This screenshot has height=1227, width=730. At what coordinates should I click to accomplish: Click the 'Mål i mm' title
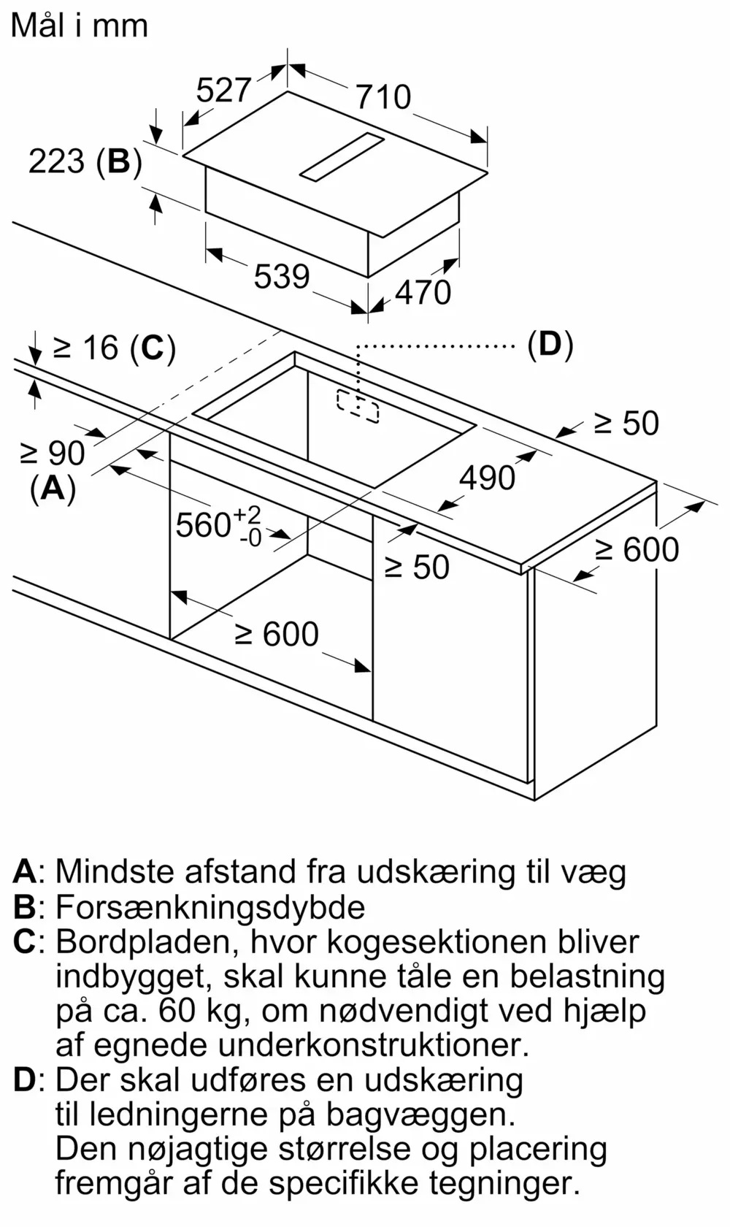(x=79, y=26)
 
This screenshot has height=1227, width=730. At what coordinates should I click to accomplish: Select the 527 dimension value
(x=223, y=91)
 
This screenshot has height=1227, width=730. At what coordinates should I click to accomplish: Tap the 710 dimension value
(x=384, y=97)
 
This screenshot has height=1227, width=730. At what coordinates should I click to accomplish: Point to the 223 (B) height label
(x=85, y=161)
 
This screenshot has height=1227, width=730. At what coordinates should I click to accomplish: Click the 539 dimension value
(x=282, y=276)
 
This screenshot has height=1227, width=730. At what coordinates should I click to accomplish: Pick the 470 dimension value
(x=423, y=292)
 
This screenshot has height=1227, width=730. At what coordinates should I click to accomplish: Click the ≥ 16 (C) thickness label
(x=115, y=348)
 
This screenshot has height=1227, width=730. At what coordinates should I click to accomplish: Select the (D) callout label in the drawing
(x=550, y=344)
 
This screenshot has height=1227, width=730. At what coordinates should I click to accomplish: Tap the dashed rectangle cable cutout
(x=358, y=405)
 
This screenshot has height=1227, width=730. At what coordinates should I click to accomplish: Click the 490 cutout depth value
(x=487, y=478)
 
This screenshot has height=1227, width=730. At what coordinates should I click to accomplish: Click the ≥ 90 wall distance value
(x=53, y=454)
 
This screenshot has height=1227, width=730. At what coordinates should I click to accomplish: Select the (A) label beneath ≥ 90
(x=53, y=487)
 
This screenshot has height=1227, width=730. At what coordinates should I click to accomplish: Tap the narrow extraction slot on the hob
(x=341, y=156)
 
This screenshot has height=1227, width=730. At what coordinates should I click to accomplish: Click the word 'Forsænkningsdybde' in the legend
(x=210, y=907)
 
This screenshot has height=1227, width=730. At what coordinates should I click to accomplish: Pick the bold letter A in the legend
(x=25, y=871)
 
